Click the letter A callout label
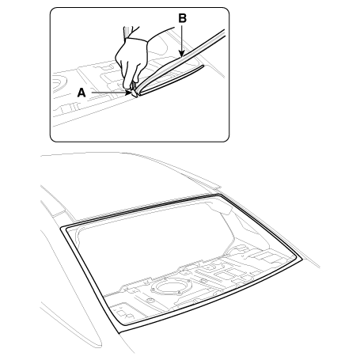pyautogui.click(x=81, y=93)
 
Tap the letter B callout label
pyautogui.click(x=183, y=18)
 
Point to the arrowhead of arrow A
pyautogui.click(x=130, y=93)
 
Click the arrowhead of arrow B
pyautogui.click(x=182, y=55)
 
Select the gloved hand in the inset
pyautogui.click(x=131, y=62)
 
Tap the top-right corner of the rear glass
pyautogui.click(x=219, y=195)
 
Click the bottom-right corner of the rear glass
pyautogui.click(x=301, y=260)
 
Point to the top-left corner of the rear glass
pyautogui.click(x=61, y=227)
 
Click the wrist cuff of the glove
pyautogui.click(x=137, y=40)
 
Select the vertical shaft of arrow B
pyautogui.click(x=182, y=38)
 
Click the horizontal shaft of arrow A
pyautogui.click(x=108, y=93)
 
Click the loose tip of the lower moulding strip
pyautogui.click(x=203, y=66)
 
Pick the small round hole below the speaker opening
pyautogui.click(x=150, y=301)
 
